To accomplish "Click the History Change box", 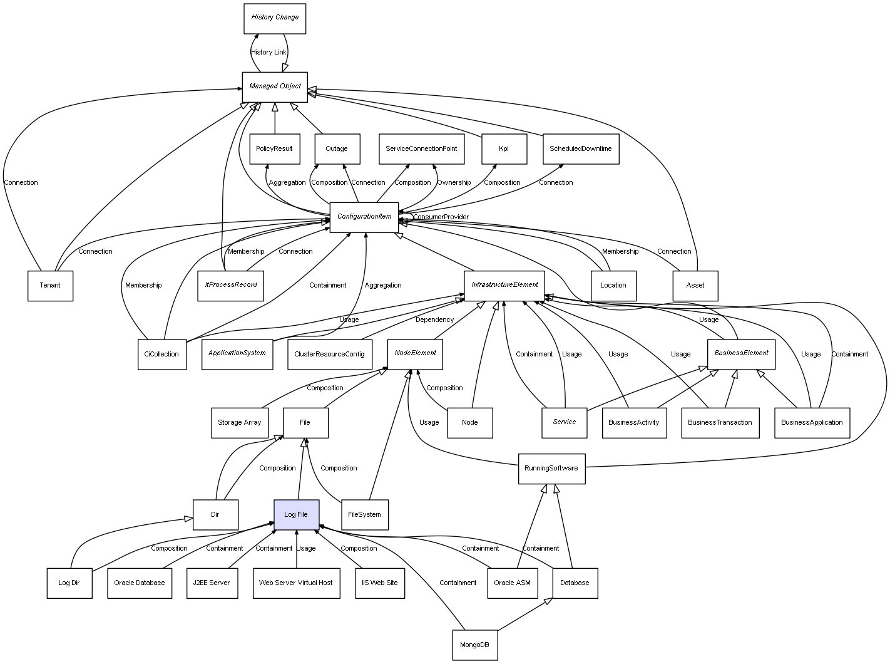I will (x=275, y=18).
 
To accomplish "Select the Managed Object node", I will (x=275, y=86).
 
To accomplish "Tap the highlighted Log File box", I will (x=296, y=515).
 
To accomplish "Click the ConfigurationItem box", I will (x=364, y=217).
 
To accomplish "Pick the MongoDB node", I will (x=474, y=645).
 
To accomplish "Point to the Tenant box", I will (x=50, y=286).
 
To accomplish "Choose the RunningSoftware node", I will (x=551, y=469).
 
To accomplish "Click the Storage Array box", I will (x=239, y=423).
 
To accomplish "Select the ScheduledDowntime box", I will (x=581, y=149).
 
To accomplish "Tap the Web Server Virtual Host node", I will (x=296, y=583).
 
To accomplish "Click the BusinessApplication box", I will (x=812, y=423).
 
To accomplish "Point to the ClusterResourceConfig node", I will (x=329, y=355).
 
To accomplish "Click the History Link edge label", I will (x=269, y=52).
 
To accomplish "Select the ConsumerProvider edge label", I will (x=441, y=217).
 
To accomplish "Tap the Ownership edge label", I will (x=454, y=182).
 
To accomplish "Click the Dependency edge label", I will (x=434, y=319).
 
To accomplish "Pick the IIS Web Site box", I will (x=379, y=583).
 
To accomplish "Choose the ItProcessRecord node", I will (x=231, y=286).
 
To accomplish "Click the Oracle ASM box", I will (x=512, y=583).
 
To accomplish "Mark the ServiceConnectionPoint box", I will (x=421, y=149).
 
